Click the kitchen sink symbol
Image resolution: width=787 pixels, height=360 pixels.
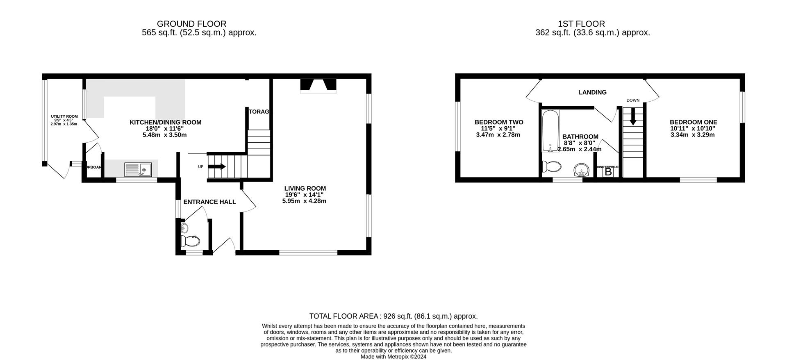[x=138, y=169]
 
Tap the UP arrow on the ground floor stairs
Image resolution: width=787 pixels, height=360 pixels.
[x=217, y=166]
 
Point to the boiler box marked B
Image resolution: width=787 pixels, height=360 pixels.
[x=608, y=172]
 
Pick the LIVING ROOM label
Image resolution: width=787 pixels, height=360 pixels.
[x=305, y=189]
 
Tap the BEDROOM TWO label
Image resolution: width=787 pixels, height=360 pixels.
[x=499, y=122]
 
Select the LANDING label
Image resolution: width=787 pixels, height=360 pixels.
[x=592, y=92]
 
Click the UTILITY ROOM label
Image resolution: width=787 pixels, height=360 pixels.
[x=64, y=116]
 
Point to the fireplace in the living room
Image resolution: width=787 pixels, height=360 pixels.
[x=318, y=86]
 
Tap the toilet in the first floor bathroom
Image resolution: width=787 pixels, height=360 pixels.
[x=551, y=167]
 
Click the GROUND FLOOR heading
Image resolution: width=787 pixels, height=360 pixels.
[x=191, y=24]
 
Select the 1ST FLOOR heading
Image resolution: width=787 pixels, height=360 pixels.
[x=581, y=24]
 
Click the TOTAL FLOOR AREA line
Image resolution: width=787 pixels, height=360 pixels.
[x=393, y=316]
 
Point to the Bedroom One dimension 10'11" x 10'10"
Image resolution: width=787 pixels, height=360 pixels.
[x=693, y=128]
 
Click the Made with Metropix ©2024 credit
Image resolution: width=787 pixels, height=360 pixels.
[x=393, y=357]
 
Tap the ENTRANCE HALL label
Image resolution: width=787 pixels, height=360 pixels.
[x=209, y=202]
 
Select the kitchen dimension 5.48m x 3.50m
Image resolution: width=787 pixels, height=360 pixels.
[x=164, y=135]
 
